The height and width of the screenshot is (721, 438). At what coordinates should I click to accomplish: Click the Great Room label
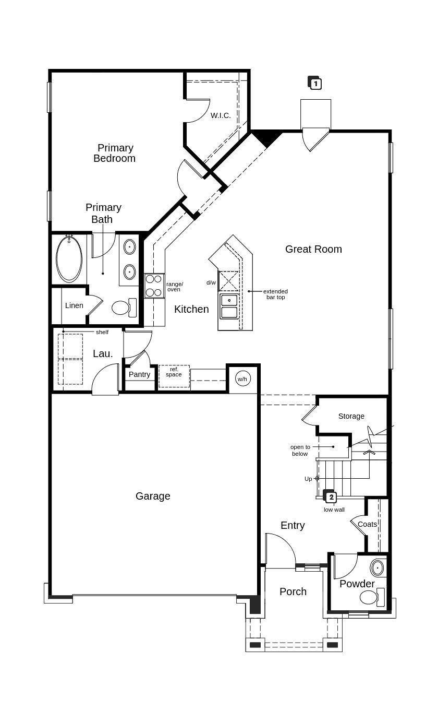(313, 249)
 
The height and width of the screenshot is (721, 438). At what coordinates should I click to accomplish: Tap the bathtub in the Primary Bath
(69, 259)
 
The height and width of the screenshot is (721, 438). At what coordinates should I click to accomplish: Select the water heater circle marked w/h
(242, 379)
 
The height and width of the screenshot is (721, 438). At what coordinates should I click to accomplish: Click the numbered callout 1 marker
(315, 83)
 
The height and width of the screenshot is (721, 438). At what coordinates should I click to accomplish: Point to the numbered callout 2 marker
(331, 497)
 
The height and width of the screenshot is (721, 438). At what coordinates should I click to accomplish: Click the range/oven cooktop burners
(154, 286)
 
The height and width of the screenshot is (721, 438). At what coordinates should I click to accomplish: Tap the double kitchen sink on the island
(229, 306)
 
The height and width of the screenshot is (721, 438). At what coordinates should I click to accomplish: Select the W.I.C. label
(221, 115)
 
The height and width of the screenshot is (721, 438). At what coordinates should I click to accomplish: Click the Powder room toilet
(369, 597)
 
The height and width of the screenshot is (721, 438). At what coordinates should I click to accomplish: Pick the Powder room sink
(377, 568)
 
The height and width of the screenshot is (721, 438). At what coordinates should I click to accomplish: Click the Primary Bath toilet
(121, 308)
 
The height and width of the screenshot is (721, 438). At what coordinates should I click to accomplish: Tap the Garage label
(153, 496)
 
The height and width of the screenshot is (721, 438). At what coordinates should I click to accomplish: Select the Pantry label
(139, 374)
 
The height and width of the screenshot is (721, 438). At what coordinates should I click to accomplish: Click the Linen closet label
(74, 305)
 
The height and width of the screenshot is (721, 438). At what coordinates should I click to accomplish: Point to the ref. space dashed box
(174, 376)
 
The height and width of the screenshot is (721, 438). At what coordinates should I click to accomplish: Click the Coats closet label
(367, 524)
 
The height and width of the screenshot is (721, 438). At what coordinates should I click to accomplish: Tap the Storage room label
(351, 416)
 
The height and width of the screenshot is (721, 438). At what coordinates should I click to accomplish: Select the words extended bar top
(275, 294)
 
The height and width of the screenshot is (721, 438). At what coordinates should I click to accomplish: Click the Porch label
(293, 592)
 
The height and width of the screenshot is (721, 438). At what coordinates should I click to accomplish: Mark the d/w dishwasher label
(211, 282)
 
